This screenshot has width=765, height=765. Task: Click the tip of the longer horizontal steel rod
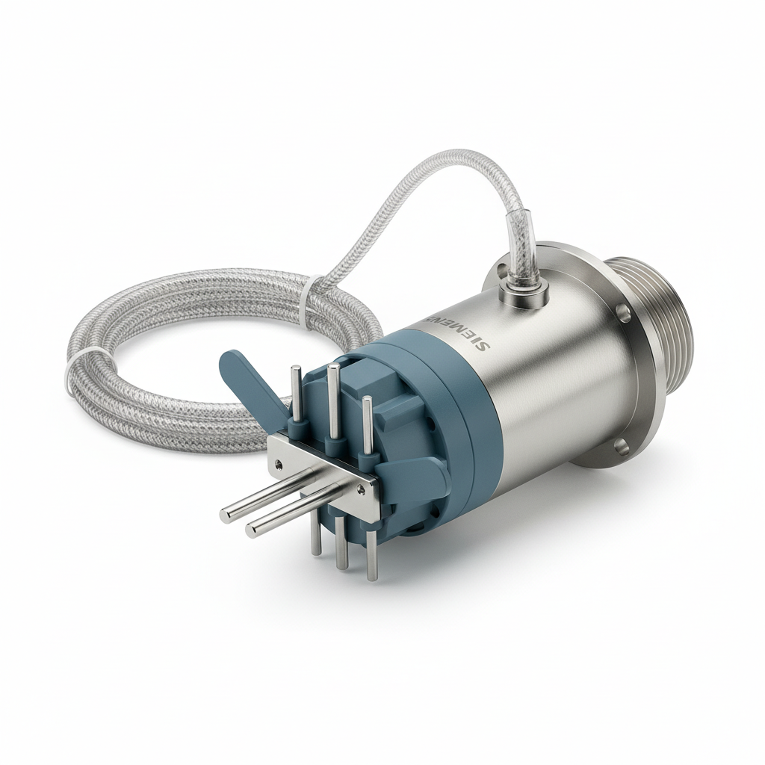[x=226, y=515]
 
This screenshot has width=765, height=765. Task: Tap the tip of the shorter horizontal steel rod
[x=253, y=531]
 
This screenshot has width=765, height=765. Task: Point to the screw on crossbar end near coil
[x=277, y=464]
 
